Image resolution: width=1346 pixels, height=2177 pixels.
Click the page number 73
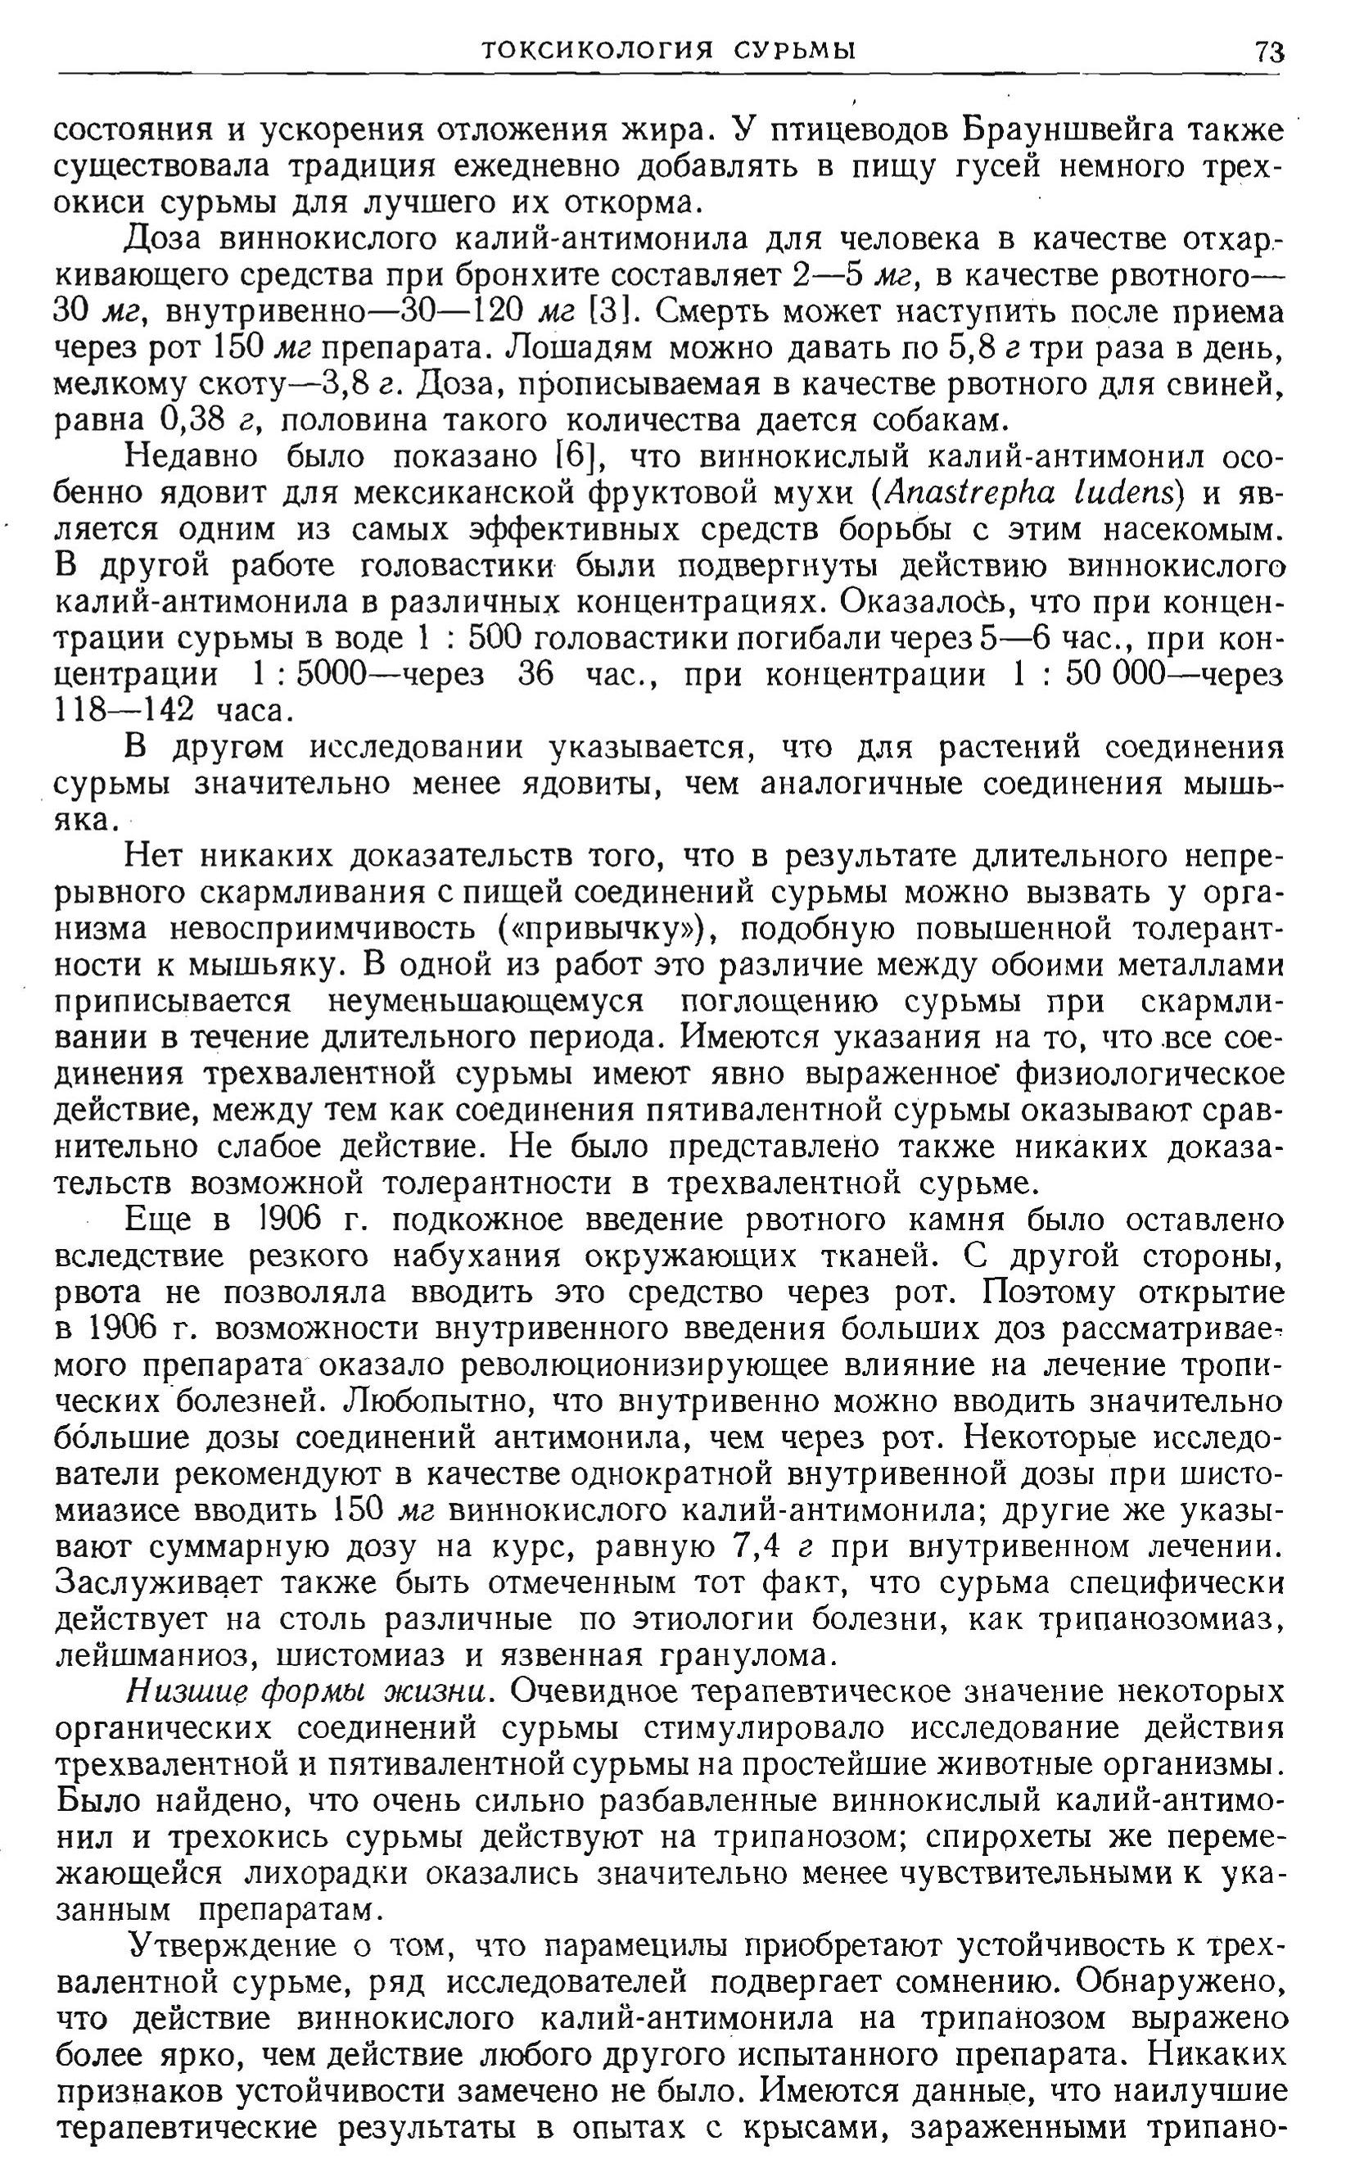pos(1269,52)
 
